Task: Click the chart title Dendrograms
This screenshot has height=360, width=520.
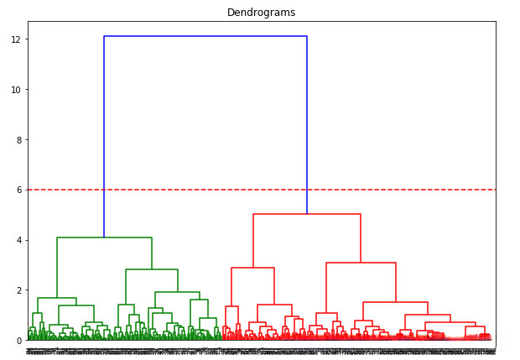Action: [261, 13]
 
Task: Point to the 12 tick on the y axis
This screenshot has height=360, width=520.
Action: [16, 39]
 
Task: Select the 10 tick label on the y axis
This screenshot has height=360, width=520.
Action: [16, 90]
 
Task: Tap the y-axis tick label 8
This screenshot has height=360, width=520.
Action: [18, 140]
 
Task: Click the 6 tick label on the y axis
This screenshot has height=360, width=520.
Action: [18, 190]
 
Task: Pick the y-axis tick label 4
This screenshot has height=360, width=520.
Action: [18, 241]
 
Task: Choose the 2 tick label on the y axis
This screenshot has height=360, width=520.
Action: [18, 290]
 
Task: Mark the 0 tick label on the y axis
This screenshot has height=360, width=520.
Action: [18, 341]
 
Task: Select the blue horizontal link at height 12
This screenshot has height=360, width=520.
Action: [205, 36]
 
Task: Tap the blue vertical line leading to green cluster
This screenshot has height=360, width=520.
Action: [104, 134]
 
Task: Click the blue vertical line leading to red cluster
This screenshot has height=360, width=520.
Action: [307, 126]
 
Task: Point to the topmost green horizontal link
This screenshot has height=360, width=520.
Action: [104, 237]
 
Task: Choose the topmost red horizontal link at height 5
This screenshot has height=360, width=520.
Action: [307, 214]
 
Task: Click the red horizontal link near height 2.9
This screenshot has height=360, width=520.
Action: [252, 268]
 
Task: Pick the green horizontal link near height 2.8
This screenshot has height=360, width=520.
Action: [152, 269]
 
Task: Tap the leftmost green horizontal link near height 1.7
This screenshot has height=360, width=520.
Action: [57, 298]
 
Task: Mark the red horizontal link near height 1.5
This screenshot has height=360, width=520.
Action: [395, 302]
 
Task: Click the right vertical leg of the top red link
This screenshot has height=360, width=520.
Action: [361, 238]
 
